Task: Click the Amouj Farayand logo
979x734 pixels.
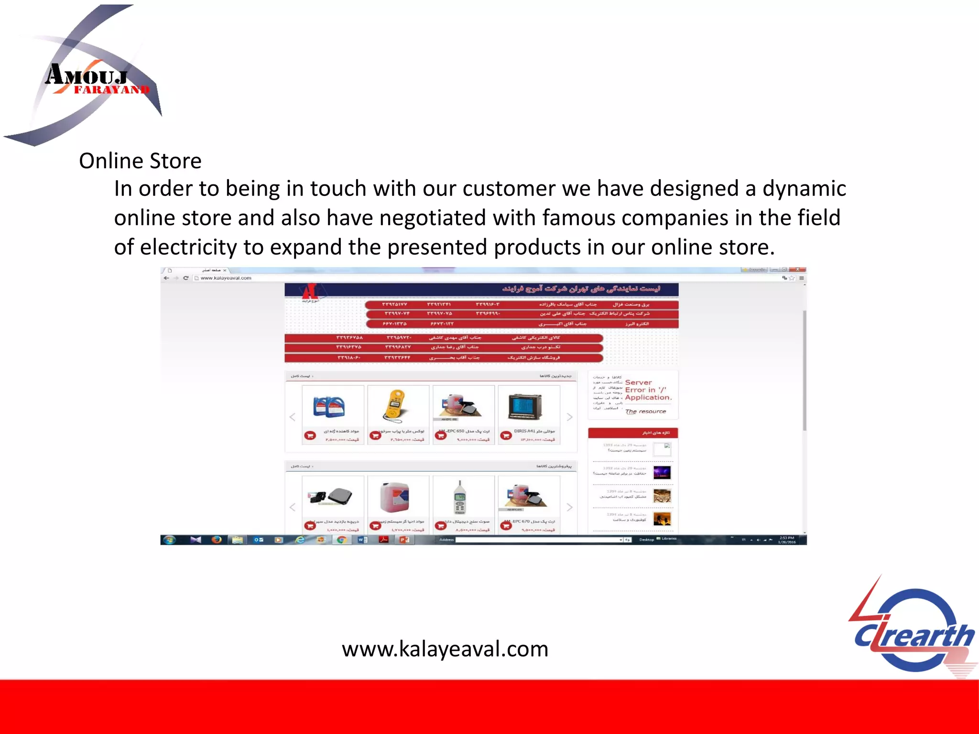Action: pos(91,76)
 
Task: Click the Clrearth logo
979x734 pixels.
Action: pos(913,631)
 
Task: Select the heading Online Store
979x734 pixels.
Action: pos(140,161)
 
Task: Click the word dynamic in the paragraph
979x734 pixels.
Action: pos(804,189)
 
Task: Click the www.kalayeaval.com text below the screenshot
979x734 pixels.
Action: pos(445,649)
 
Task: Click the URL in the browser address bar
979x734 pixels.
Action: pos(226,278)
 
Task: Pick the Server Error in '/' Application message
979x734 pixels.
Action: pos(648,390)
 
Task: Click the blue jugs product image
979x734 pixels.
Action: pos(329,407)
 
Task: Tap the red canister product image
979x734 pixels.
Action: pos(394,497)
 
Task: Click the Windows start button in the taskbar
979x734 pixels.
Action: pos(169,540)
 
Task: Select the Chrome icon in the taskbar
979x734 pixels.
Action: pos(341,540)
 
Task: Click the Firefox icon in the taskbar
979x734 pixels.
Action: pos(217,540)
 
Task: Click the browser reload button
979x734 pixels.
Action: pos(185,278)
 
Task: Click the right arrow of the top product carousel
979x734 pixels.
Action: pos(569,417)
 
